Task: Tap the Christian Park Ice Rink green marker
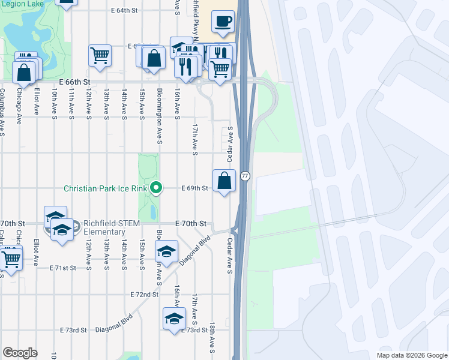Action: (156, 188)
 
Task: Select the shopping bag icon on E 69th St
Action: (224, 181)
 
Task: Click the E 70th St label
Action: (191, 224)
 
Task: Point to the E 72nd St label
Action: (144, 295)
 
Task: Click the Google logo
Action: (20, 353)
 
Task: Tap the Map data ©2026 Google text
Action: (411, 355)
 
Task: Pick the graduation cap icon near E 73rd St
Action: (174, 318)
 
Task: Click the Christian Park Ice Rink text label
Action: (105, 188)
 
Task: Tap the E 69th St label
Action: (194, 188)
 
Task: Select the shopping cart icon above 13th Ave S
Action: (100, 56)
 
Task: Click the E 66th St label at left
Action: (74, 82)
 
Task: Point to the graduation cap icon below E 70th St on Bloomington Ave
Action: (167, 251)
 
